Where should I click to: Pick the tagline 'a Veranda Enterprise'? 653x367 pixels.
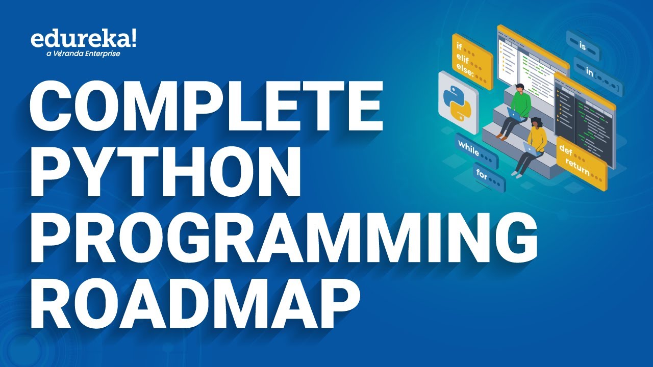click(83, 53)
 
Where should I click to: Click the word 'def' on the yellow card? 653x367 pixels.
click(567, 149)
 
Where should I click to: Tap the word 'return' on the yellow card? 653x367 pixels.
click(576, 165)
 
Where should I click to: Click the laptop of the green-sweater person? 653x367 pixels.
click(515, 116)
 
